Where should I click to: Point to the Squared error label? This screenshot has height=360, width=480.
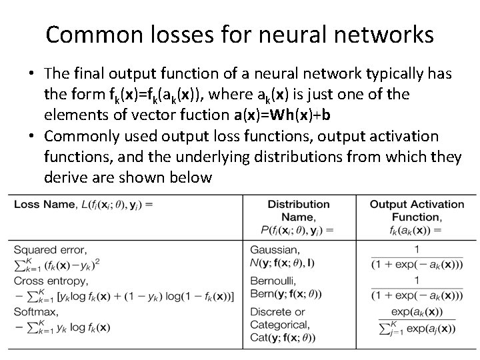pos(49,250)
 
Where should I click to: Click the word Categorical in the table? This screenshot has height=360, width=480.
pos(279,325)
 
